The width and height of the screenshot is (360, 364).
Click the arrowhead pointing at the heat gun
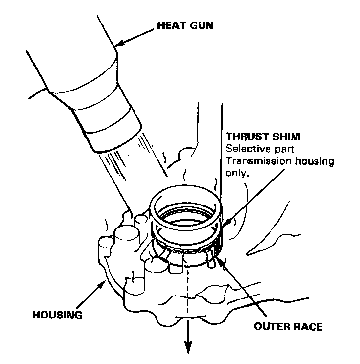(117, 46)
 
